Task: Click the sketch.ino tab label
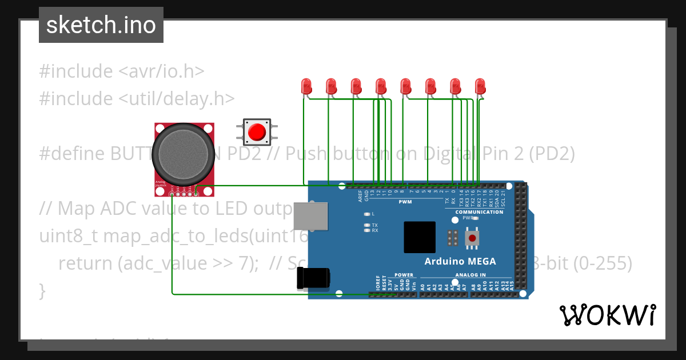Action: click(101, 25)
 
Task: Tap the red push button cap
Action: click(257, 132)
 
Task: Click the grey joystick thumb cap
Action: click(180, 152)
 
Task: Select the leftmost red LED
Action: click(306, 86)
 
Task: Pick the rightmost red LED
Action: click(480, 86)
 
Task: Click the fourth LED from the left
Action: click(381, 86)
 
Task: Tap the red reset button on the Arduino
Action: click(472, 237)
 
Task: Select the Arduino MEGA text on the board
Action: click(460, 262)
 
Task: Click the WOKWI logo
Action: click(607, 315)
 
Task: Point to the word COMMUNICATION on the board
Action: click(479, 212)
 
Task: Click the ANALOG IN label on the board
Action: click(470, 275)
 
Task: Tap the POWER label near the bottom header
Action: click(404, 275)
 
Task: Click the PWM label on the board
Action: click(405, 202)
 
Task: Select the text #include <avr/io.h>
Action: click(122, 71)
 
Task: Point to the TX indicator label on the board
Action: click(374, 225)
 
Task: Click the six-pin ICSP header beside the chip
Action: click(452, 238)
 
